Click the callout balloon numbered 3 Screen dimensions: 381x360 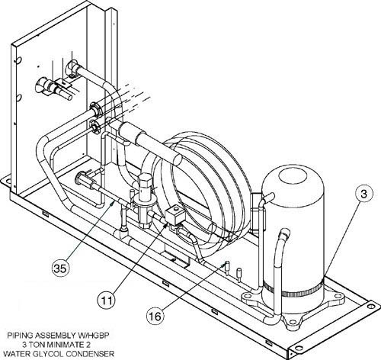[x=363, y=194]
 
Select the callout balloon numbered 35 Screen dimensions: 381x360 [x=60, y=268]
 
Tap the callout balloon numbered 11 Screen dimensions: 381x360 [x=107, y=301]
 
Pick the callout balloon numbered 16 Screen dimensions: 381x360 [x=155, y=316]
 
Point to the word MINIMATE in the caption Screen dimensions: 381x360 [x=63, y=345]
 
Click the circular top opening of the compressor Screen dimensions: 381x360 [x=293, y=178]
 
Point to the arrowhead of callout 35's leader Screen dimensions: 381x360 [x=113, y=203]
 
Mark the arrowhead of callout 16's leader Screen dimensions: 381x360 [x=223, y=265]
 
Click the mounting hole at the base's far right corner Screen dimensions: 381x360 [x=370, y=304]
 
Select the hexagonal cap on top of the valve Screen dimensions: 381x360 [x=144, y=179]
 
